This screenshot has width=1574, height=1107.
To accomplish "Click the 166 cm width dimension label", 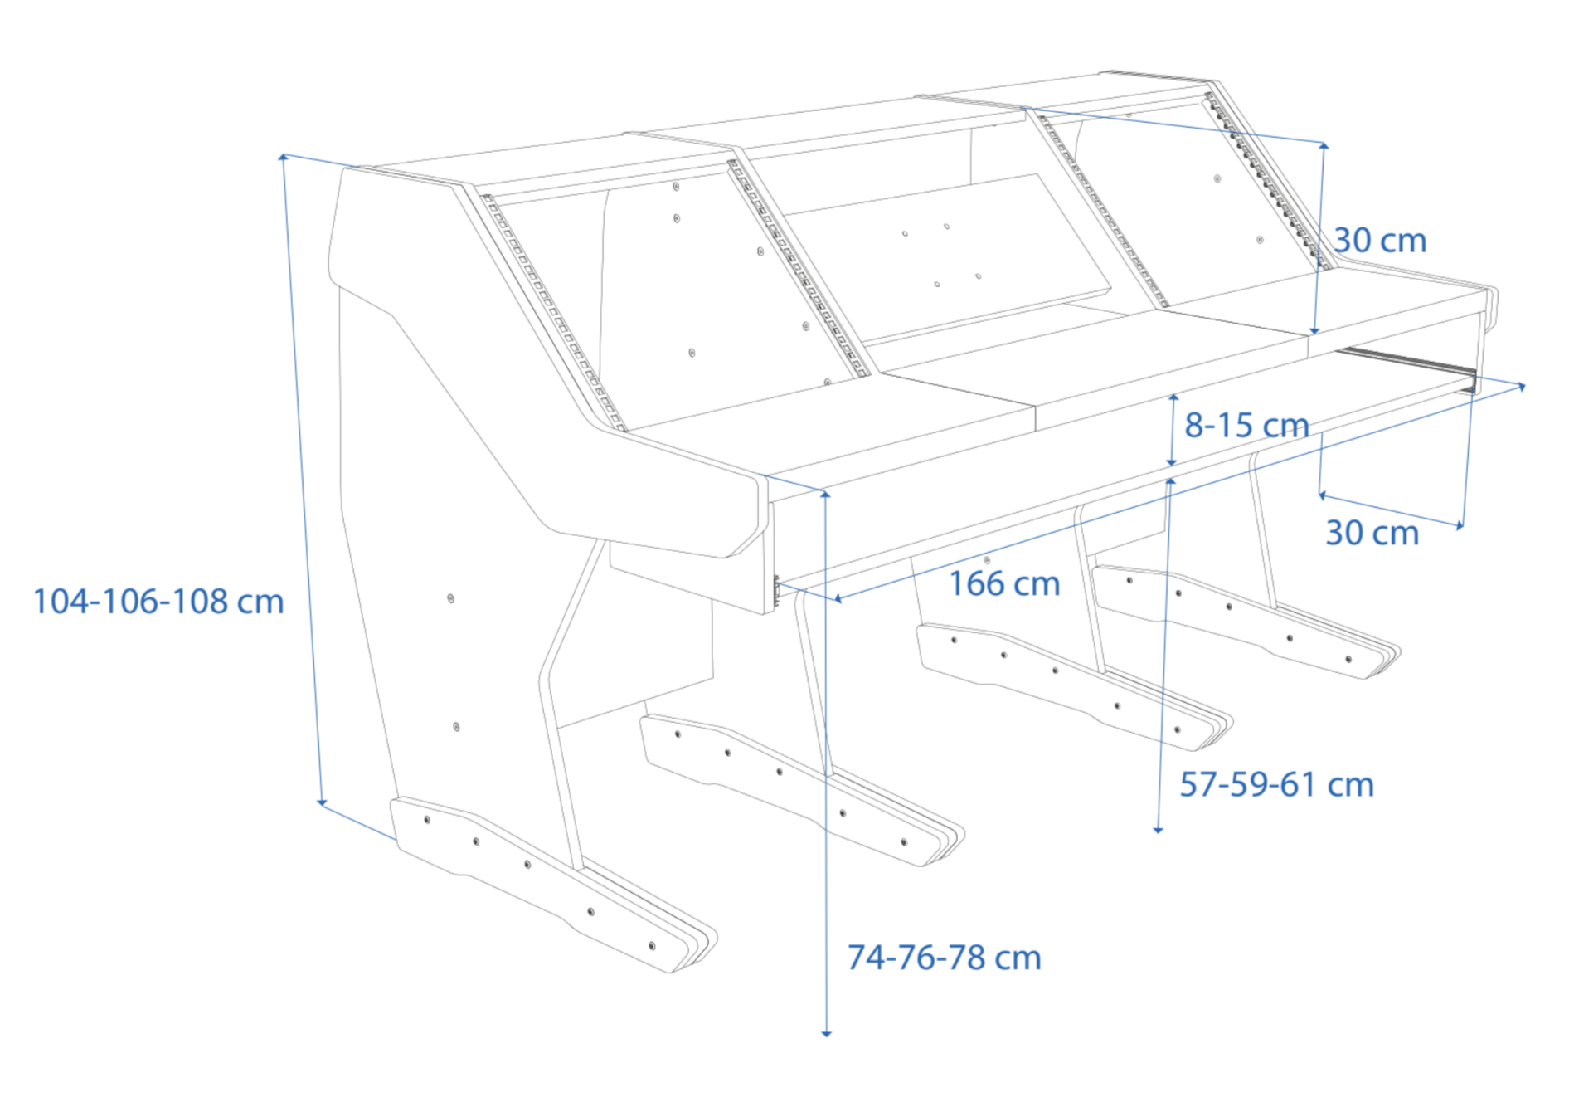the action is point(1004,583).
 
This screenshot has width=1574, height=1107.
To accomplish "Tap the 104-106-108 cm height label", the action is point(158,602).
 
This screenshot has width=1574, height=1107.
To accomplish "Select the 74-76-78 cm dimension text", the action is point(944,958).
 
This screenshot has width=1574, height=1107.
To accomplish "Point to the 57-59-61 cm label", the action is point(1276,784).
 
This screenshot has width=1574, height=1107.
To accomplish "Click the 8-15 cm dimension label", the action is point(1246,425).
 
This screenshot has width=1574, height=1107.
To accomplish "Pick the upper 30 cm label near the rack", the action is point(1380,241).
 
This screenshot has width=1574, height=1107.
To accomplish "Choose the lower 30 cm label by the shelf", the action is point(1372,533).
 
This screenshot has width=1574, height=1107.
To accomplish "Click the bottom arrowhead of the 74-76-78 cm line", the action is point(826,1033).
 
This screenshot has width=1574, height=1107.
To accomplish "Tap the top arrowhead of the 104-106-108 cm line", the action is point(284,156).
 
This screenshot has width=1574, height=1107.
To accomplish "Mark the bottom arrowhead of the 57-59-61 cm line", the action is point(1159,829).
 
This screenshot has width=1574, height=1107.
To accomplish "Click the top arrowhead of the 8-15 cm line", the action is point(1173,398).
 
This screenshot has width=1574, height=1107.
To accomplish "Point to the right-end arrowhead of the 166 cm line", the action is point(1521,387).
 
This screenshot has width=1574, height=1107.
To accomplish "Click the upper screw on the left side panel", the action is point(450,598).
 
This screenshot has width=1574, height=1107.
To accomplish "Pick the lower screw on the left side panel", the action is point(456,727).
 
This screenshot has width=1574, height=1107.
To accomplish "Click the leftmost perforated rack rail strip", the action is point(553,312).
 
